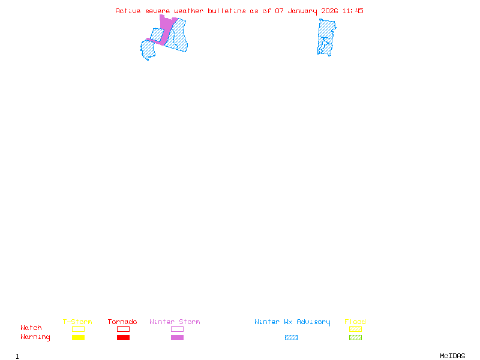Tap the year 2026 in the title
[329, 11]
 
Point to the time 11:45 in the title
[353, 11]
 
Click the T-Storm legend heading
[77, 322]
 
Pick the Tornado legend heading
[122, 322]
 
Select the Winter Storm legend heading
[175, 322]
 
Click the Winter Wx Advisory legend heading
[292, 322]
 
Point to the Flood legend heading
[355, 322]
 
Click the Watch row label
[31, 328]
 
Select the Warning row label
[35, 337]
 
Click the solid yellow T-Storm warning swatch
[78, 338]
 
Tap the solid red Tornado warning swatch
[123, 338]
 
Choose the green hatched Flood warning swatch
[355, 338]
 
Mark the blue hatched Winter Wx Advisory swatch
[291, 338]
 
